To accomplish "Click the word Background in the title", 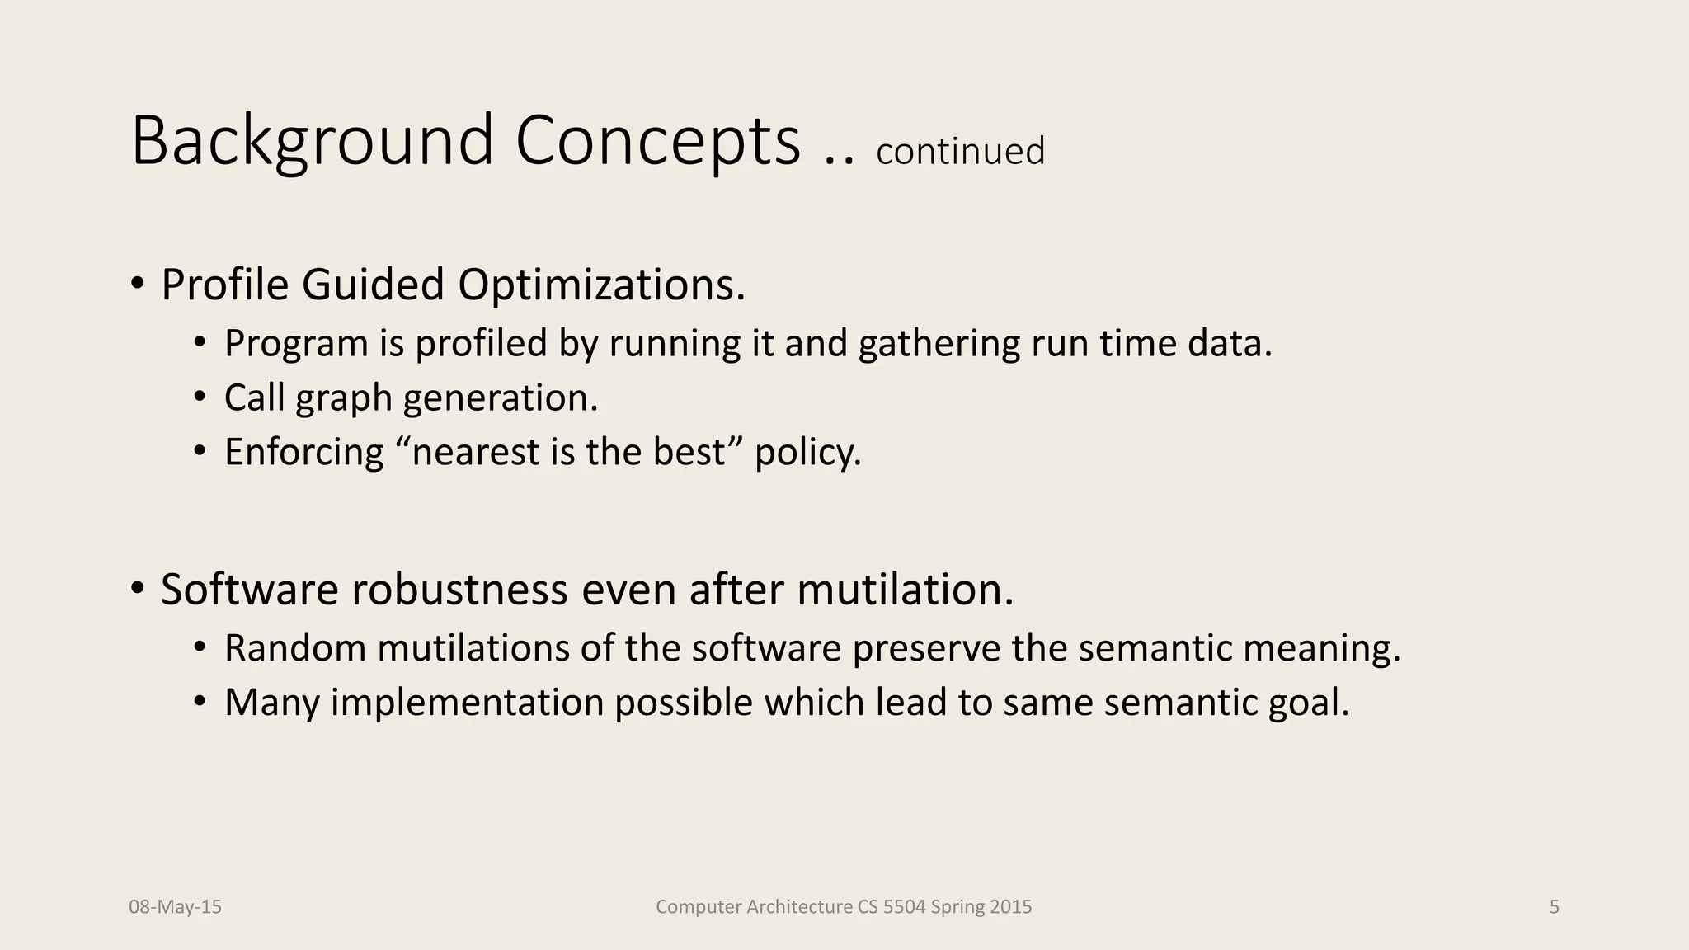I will point(312,142).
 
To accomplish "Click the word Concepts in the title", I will point(657,142).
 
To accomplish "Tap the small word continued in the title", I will point(960,152).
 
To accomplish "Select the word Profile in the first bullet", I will point(224,285).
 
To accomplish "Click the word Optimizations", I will point(601,285).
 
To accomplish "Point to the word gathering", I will point(939,344).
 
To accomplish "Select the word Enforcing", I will point(303,453).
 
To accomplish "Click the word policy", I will point(807,453).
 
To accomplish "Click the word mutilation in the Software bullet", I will point(904,590).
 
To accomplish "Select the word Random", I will point(295,649).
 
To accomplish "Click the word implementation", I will point(467,703).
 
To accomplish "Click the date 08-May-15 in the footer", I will point(175,907).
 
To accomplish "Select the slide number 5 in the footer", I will point(1554,907).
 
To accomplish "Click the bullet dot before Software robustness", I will point(137,589).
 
